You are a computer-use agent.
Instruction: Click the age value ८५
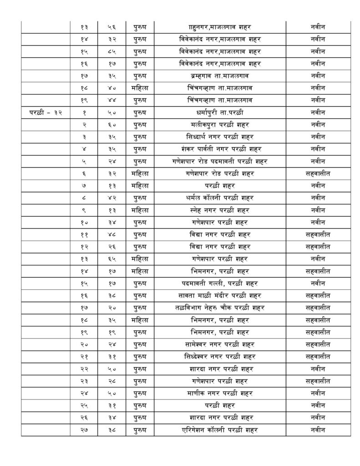pos(112,51)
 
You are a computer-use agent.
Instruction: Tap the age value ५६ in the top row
pos(112,26)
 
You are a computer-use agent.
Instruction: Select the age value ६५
pos(112,259)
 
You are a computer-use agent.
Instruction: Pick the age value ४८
pos(112,234)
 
